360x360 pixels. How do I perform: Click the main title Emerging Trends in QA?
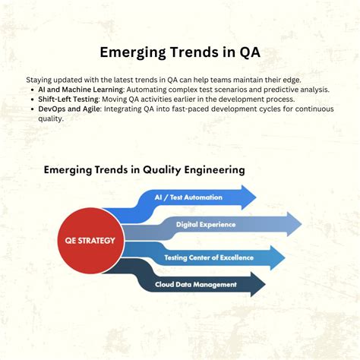pos(180,53)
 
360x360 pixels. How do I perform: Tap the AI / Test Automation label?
pos(188,197)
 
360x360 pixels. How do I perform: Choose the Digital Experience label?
pos(205,225)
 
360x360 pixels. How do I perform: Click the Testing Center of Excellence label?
pos(210,258)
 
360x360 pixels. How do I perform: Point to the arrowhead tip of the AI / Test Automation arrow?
pos(256,197)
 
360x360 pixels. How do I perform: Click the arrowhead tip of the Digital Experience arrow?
pos(301,225)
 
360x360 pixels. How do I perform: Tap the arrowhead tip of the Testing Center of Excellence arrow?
pos(285,258)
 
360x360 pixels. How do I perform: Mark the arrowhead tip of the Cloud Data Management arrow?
pos(265,285)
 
